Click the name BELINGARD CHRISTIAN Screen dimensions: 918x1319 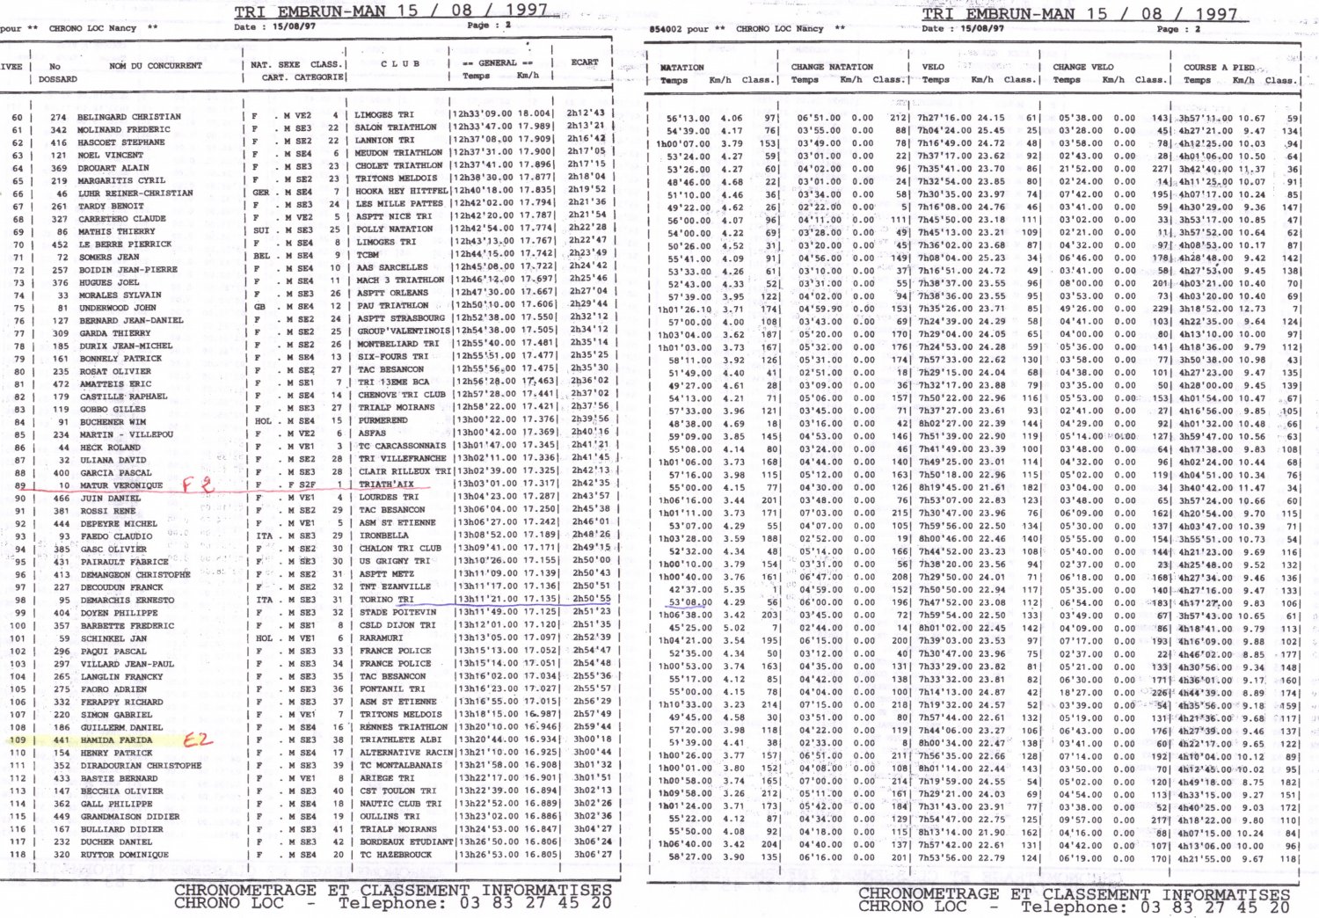tap(128, 116)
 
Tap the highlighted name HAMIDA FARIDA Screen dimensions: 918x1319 tap(114, 740)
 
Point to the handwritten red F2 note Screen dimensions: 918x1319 tap(198, 484)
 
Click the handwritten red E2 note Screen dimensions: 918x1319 tap(197, 739)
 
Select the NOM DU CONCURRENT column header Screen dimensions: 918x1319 tap(155, 66)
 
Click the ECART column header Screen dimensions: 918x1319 tap(584, 62)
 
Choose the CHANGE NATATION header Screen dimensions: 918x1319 tap(831, 67)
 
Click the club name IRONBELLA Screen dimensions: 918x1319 tap(383, 535)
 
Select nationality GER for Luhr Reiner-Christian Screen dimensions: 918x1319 tap(261, 193)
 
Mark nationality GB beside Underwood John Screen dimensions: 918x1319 tap(259, 307)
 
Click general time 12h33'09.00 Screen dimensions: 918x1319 tap(483, 113)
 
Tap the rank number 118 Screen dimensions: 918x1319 tap(17, 855)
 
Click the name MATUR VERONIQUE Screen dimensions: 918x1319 tap(120, 485)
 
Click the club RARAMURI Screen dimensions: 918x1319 tap(381, 637)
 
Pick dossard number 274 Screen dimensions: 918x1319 tap(58, 117)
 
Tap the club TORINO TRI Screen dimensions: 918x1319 tap(388, 600)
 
